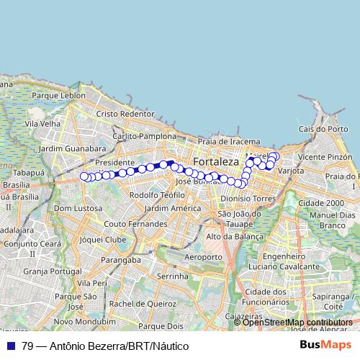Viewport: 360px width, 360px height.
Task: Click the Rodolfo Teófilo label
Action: (153, 195)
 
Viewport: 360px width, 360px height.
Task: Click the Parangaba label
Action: (121, 259)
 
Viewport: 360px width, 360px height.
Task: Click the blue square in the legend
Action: (11, 346)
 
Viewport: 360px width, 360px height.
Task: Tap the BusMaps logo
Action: (326, 346)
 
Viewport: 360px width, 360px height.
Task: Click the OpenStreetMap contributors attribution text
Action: (297, 322)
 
